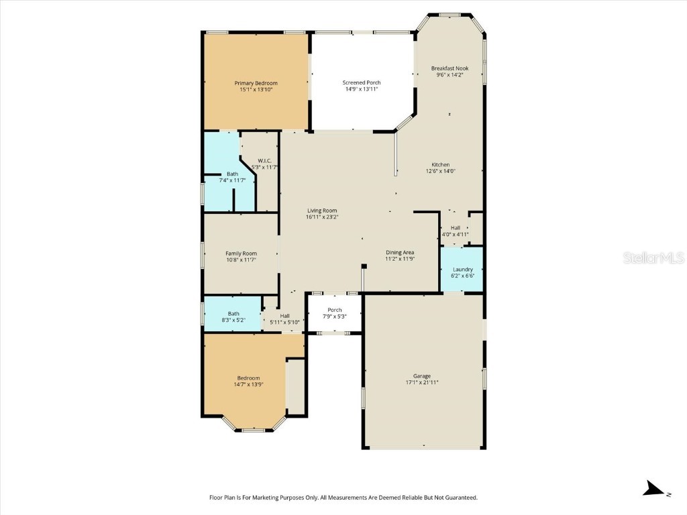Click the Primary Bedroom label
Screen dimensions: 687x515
click(x=256, y=83)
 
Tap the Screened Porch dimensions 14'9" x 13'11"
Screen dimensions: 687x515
click(x=362, y=89)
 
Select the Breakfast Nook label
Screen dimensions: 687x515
click(x=450, y=68)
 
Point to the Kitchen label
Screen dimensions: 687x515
click(x=440, y=165)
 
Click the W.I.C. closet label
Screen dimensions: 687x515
click(x=264, y=161)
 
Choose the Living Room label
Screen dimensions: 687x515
click(x=322, y=211)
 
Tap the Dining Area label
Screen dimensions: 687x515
click(x=400, y=252)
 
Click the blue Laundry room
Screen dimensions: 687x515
click(x=462, y=270)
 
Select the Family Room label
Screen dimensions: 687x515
click(x=241, y=253)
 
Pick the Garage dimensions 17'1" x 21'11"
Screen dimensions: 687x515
click(x=422, y=382)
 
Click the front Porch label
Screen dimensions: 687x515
click(x=334, y=310)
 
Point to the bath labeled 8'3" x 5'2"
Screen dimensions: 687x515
click(x=233, y=314)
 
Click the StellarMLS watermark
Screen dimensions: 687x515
click(x=653, y=257)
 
